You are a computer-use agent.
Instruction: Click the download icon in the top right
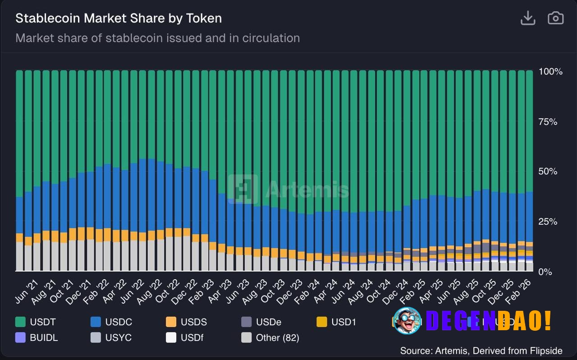527,18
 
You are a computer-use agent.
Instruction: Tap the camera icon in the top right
555,18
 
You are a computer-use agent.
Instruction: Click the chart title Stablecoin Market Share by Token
119,18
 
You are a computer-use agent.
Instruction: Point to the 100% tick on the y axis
550,72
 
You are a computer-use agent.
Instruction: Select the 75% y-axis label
549,122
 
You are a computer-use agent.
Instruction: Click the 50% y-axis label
549,171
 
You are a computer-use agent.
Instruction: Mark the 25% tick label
549,222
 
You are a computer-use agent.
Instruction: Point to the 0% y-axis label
545,272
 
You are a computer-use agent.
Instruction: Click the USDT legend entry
36,322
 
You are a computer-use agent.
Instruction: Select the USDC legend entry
111,322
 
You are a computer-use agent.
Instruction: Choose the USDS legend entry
187,322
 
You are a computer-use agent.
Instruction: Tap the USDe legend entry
262,322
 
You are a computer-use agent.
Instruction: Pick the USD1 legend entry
337,322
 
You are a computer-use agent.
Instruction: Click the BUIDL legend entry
37,337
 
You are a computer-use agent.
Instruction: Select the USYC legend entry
111,337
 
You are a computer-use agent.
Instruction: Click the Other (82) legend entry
270,337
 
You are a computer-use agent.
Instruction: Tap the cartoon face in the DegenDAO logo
407,320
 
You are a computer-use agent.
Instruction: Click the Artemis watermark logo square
243,189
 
